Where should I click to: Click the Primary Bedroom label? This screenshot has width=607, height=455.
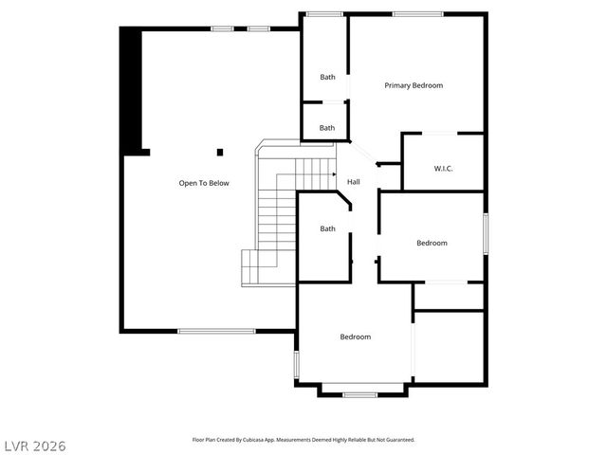pos(414,85)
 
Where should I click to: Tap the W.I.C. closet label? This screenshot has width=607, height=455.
pos(443,169)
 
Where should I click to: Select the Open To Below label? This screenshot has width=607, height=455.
pos(204,183)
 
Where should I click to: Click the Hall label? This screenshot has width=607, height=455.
pos(353,182)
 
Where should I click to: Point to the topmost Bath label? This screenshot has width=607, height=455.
pos(327,78)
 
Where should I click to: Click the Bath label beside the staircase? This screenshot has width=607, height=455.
pos(327,228)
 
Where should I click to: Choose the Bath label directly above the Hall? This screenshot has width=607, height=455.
pos(327,128)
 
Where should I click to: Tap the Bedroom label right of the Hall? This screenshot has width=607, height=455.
pos(432,244)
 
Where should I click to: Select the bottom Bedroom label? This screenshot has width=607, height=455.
pos(356,337)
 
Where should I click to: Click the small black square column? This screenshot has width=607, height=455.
pos(220,152)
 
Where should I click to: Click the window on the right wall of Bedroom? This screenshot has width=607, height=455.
pos(485,233)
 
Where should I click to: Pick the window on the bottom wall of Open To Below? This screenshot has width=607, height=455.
pos(216,331)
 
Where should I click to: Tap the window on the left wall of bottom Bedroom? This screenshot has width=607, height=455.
pos(297,364)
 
